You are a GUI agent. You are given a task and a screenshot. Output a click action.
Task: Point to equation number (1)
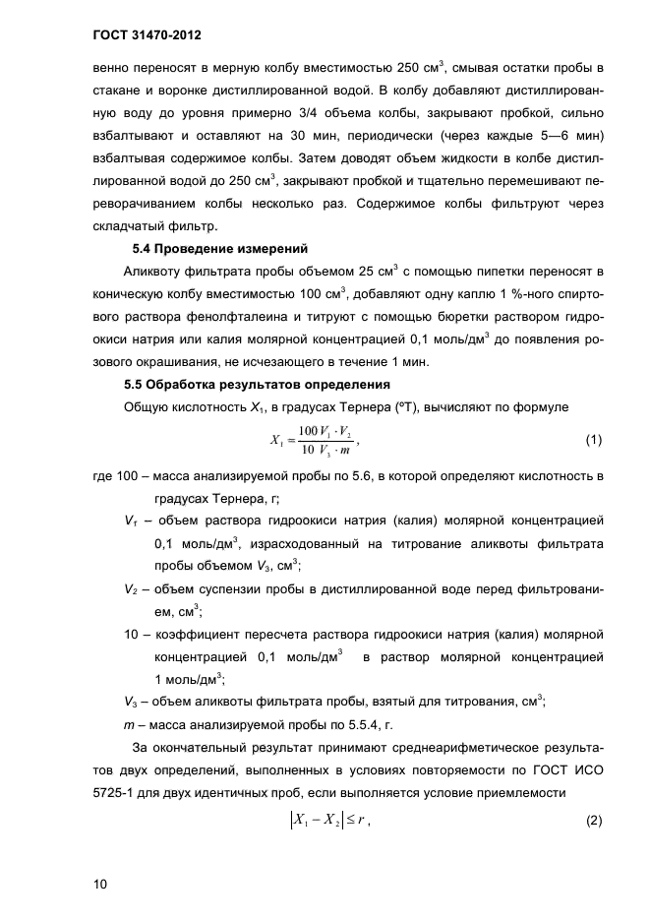[x=593, y=440]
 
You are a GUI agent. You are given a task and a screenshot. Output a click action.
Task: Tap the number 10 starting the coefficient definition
[x=132, y=634]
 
